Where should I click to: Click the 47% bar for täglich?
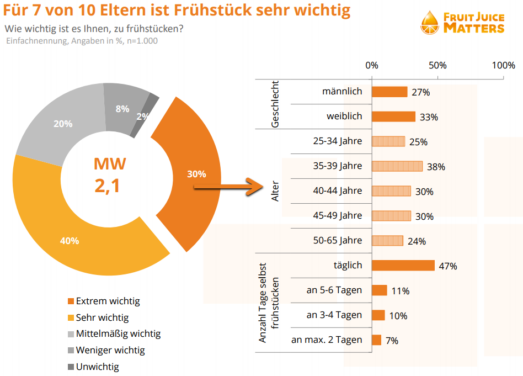coord(403,266)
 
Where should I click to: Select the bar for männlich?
coord(389,92)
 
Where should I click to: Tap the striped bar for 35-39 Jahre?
coord(397,166)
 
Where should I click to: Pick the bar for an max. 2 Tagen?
coord(376,340)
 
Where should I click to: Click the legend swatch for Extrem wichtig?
coord(70,301)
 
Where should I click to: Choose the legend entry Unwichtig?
coord(97,367)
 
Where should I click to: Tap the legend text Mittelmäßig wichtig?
coord(118,334)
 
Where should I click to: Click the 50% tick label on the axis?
coord(437,65)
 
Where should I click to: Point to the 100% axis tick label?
coord(503,65)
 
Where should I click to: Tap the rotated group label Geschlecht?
coord(275,104)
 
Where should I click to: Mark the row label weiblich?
coord(344,116)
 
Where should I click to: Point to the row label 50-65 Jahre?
coord(338,240)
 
